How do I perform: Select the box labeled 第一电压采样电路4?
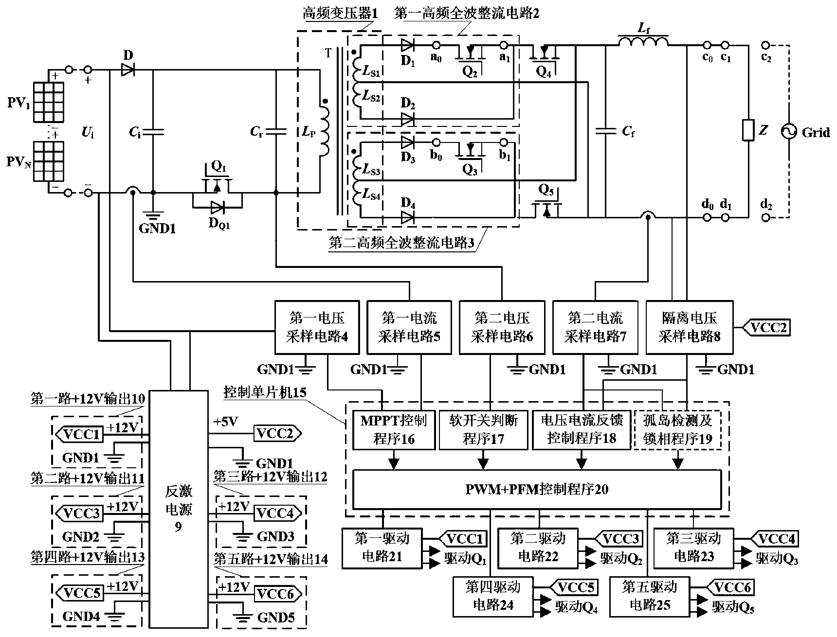coord(317,327)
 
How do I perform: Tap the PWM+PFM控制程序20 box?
coord(536,489)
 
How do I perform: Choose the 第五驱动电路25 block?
coord(650,596)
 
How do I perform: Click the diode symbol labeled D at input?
coord(128,71)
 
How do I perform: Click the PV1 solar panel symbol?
coord(48,102)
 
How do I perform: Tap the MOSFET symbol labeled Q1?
coord(217,186)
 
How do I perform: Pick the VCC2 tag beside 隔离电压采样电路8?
coord(767,328)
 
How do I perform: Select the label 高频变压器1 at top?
coord(340,13)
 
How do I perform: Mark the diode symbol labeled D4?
coord(407,217)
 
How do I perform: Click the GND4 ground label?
coord(81,617)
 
